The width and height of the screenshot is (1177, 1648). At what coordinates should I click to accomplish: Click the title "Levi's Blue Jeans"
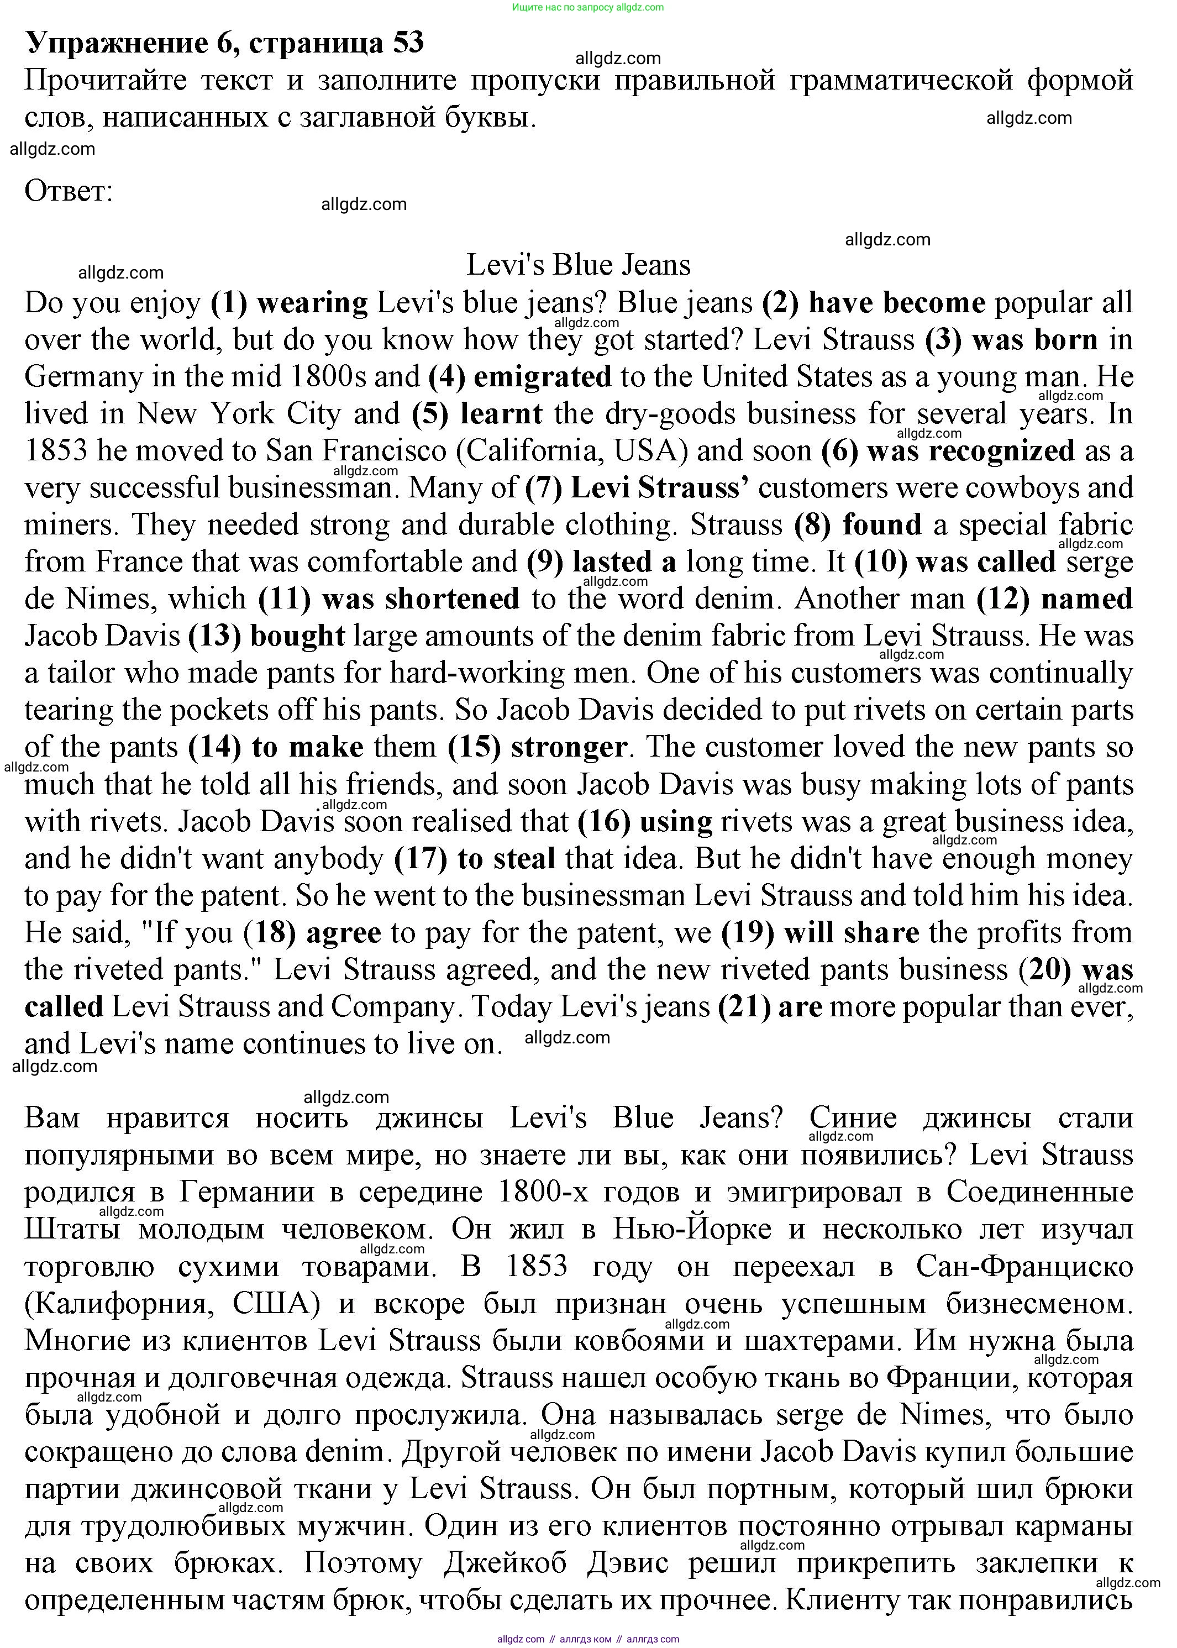pos(579,265)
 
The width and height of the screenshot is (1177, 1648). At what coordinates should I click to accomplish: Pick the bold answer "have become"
pos(896,303)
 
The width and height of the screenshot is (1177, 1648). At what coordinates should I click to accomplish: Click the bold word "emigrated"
pos(542,377)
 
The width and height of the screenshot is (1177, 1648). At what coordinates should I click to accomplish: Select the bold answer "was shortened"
pos(421,599)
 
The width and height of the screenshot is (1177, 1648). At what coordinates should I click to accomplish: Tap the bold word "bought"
pos(298,636)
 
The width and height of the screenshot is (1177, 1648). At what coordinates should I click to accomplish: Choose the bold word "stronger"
pos(569,747)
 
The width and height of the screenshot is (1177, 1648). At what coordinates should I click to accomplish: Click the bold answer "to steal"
pos(507,859)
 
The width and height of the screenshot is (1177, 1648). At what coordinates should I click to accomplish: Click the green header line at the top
pos(588,8)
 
